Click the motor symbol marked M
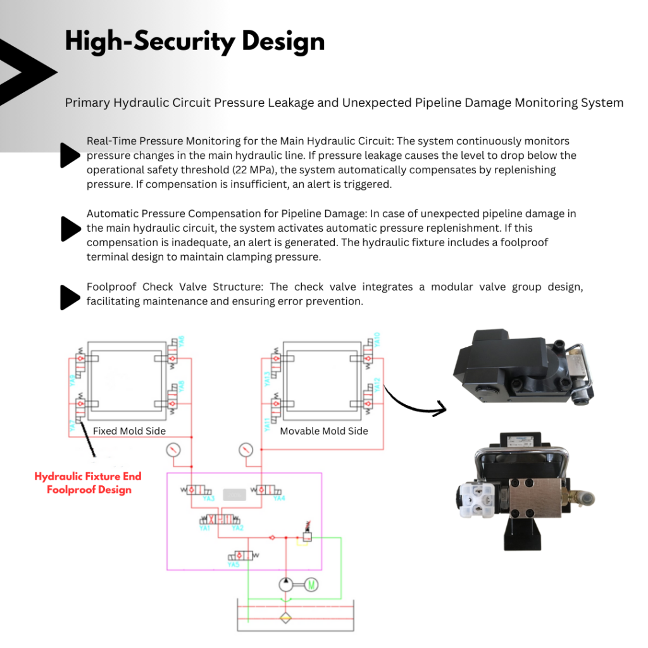[311, 585]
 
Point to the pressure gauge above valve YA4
[246, 451]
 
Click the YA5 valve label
[234, 564]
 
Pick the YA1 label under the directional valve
[204, 528]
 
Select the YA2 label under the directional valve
[237, 528]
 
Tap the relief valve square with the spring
[306, 536]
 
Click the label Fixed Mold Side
[129, 431]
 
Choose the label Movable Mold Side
[324, 431]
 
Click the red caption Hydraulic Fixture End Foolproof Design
[88, 483]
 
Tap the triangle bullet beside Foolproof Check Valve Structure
[70, 297]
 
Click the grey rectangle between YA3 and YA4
[234, 493]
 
